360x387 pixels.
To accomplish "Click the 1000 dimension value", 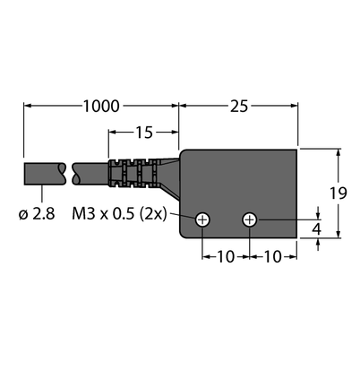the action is pyautogui.click(x=101, y=107).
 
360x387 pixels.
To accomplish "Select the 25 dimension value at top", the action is pyautogui.click(x=239, y=107).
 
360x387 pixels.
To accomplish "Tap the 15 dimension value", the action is pyautogui.click(x=144, y=133).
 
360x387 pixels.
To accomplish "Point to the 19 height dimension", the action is pyautogui.click(x=339, y=193).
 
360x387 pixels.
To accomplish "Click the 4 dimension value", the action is pyautogui.click(x=316, y=229).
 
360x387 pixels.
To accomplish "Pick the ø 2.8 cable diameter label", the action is pyautogui.click(x=37, y=214).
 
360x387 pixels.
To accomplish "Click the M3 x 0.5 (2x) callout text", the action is pyautogui.click(x=119, y=214).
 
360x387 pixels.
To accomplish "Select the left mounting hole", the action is pyautogui.click(x=202, y=220).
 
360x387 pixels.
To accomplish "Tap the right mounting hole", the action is pyautogui.click(x=249, y=220).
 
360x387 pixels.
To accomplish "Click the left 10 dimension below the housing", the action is pyautogui.click(x=226, y=257).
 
